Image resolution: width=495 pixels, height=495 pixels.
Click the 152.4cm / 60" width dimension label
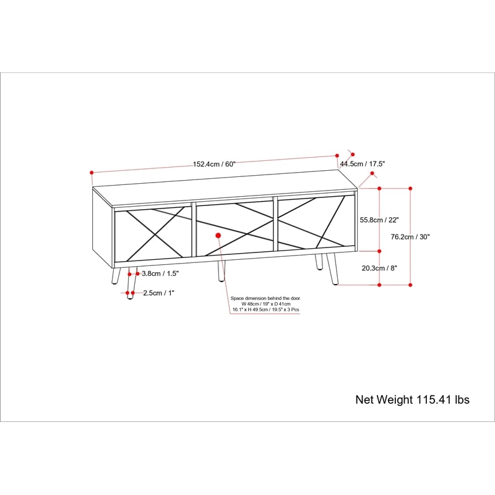214,164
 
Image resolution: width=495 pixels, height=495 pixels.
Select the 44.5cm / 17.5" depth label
363,164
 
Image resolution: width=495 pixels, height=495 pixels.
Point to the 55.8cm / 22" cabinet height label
379,220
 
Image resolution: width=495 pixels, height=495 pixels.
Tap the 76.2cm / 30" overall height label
410,237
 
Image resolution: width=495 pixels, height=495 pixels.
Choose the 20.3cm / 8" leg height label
379,269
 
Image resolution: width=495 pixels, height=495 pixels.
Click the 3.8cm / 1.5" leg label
160,273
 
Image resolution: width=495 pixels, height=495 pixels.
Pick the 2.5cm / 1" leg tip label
159,293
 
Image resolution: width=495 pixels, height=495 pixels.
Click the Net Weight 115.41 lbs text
412,400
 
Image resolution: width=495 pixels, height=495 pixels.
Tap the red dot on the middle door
218,236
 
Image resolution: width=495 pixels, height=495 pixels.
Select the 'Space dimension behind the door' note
266,304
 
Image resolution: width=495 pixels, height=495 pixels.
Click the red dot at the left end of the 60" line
92,173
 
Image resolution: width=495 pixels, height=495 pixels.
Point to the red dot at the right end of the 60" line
337,156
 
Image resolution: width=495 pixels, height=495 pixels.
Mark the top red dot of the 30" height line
410,189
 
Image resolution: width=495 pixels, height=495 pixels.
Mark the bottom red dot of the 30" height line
410,285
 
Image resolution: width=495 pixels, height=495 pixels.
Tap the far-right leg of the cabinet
333,269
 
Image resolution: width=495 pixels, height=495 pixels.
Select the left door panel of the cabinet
153,235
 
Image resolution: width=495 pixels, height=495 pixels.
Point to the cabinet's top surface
225,187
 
